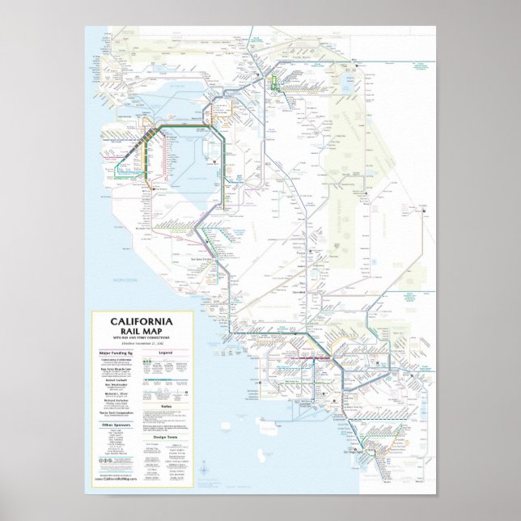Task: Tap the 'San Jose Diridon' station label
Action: pos(212,250)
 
